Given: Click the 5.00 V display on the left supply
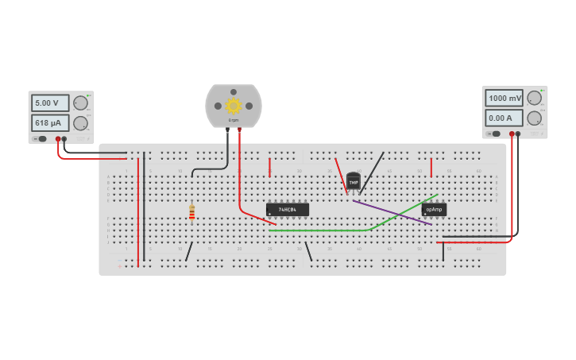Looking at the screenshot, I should tap(50, 103).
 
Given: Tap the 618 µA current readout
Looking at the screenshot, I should tap(50, 122).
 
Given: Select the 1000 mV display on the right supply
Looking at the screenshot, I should tap(504, 98).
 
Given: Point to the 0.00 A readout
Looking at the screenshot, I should tap(504, 118).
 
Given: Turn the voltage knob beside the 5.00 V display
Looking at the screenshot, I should tap(80, 103).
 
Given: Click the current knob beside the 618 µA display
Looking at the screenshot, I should tap(80, 123).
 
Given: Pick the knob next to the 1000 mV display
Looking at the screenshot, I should tap(535, 98).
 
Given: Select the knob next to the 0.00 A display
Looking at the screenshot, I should tap(535, 118).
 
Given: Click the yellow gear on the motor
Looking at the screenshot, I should tap(233, 106).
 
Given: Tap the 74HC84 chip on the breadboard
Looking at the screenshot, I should tap(288, 210).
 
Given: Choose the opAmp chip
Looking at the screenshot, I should tap(434, 210).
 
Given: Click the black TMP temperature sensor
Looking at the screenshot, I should tap(354, 181).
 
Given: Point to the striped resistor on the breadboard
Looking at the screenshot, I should tap(191, 211).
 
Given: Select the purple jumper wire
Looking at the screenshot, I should tap(392, 212).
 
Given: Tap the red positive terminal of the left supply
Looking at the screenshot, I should tap(58, 138).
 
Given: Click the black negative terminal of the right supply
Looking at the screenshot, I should tap(518, 134).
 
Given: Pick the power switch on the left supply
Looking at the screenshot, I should tap(41, 138).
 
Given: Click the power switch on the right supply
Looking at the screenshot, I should tap(496, 134).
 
